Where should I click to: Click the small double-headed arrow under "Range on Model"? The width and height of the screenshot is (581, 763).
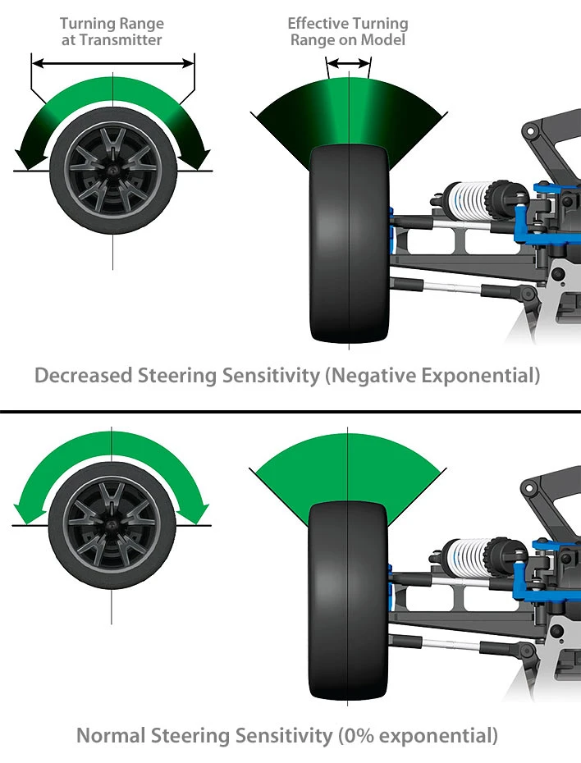349,62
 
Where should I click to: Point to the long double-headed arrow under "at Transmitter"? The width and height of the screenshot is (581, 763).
112,62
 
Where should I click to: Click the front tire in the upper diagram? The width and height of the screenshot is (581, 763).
348,246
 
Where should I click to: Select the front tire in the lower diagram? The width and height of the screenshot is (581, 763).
348,603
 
